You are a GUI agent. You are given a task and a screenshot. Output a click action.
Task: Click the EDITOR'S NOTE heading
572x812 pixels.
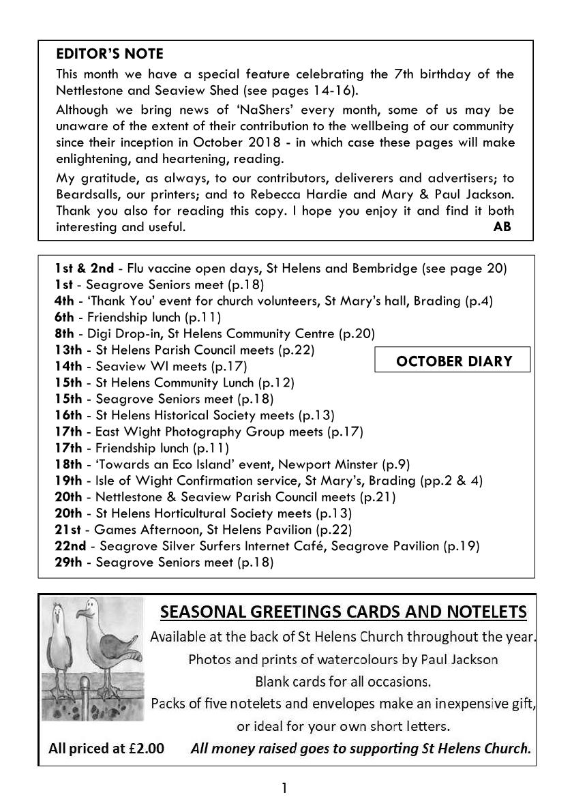[x=110, y=54]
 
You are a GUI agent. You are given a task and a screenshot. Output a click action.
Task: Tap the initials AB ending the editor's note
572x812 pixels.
[x=502, y=227]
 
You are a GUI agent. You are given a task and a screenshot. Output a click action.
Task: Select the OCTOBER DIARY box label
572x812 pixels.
[x=453, y=361]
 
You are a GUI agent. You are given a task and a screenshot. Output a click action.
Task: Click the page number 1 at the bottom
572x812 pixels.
[x=284, y=789]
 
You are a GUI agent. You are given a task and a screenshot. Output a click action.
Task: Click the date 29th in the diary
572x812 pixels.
[x=68, y=562]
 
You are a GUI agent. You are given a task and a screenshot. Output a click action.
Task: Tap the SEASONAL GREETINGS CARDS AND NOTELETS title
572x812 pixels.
[x=343, y=612]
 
